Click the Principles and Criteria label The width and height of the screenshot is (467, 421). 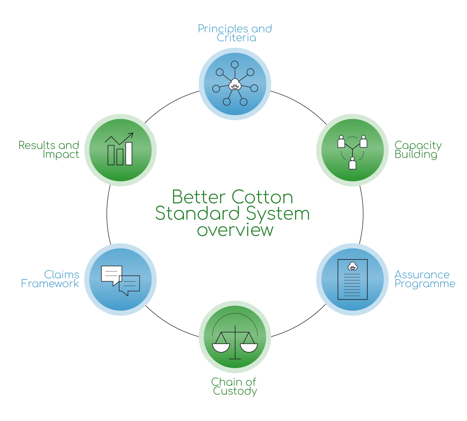[x=235, y=33]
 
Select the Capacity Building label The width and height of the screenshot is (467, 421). [x=418, y=150]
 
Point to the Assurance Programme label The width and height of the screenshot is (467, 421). [x=424, y=279]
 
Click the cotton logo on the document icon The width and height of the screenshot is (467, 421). [x=352, y=267]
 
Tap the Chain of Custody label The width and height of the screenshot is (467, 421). [x=234, y=386]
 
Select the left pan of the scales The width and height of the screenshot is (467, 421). [x=221, y=347]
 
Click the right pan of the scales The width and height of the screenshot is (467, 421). [x=249, y=347]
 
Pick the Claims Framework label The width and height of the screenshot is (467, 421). [x=50, y=279]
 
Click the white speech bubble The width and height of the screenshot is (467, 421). [x=111, y=274]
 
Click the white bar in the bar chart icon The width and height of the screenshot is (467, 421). [x=129, y=154]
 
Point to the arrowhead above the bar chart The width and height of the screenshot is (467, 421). [x=131, y=135]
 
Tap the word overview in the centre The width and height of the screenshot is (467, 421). [x=235, y=230]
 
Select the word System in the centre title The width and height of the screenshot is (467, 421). [x=278, y=214]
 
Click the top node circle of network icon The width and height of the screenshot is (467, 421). [x=235, y=64]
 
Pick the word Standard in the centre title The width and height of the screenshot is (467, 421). [x=198, y=214]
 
